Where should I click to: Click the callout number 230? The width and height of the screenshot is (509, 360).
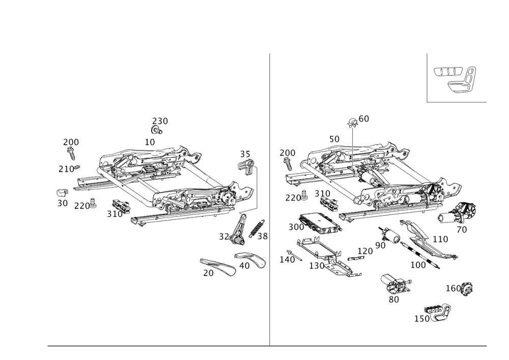(160, 121)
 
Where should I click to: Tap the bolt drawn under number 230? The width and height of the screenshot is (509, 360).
(156, 130)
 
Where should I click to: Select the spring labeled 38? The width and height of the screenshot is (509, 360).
(257, 228)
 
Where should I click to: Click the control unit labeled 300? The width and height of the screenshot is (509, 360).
(320, 224)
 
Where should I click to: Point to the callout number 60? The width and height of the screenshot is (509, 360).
(364, 119)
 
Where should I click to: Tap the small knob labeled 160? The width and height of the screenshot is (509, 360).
(467, 288)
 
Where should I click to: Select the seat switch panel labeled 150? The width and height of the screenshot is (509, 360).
(438, 312)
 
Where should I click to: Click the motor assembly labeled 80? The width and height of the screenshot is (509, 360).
(395, 284)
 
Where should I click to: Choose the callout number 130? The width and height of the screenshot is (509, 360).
(317, 266)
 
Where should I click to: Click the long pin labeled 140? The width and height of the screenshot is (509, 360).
(295, 256)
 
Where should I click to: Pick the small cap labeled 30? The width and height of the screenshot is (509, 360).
(62, 193)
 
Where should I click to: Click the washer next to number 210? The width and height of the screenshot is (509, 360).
(77, 168)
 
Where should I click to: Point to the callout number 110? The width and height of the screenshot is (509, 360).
(440, 239)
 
